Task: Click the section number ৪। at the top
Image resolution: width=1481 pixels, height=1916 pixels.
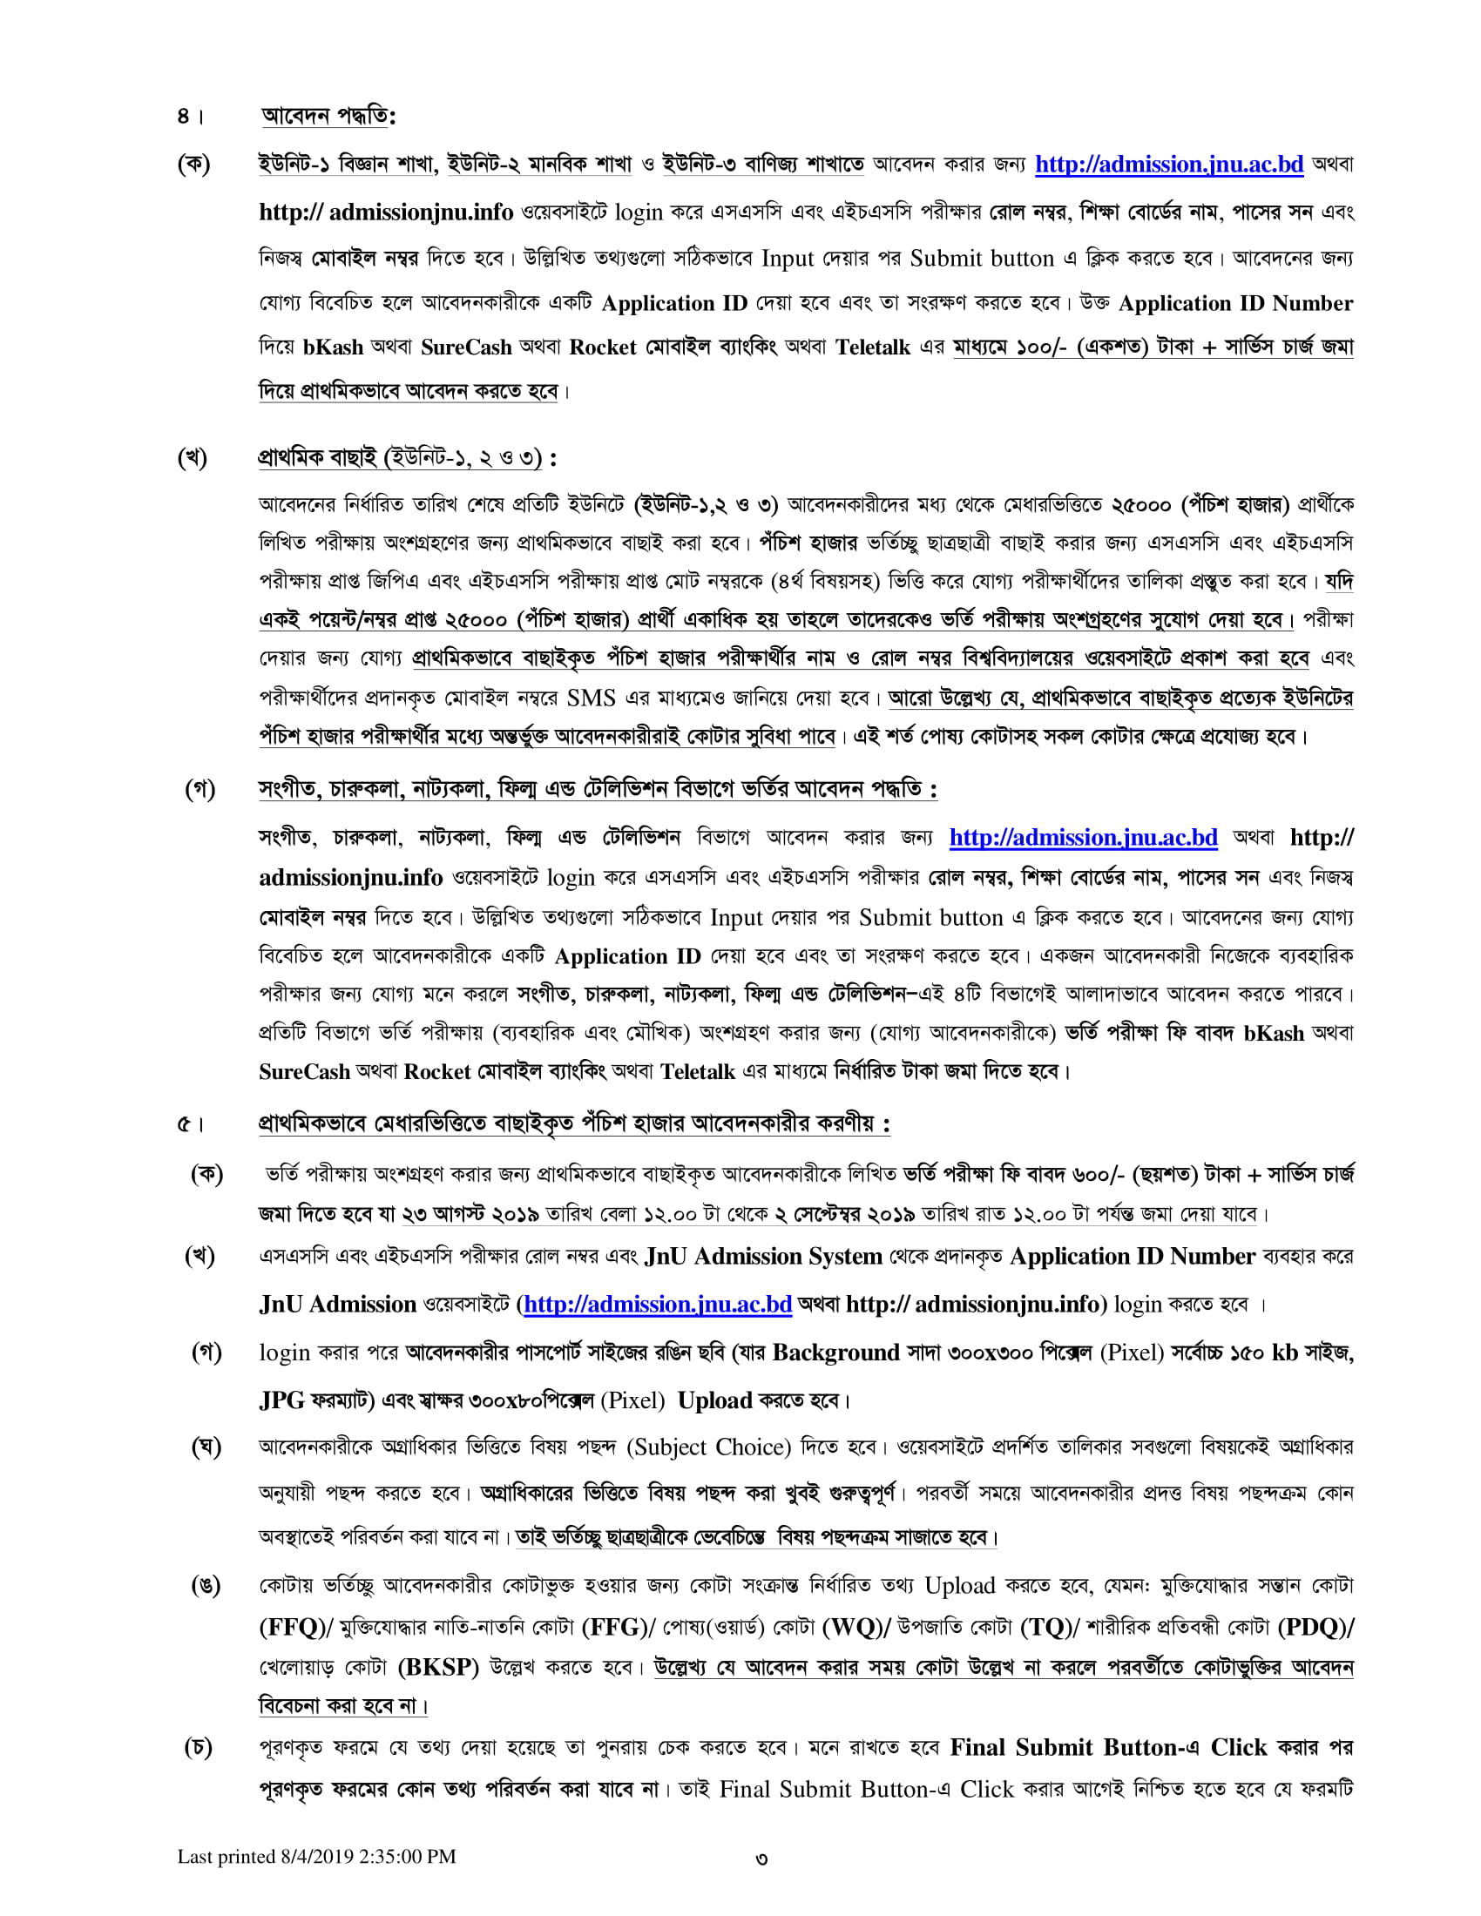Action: pyautogui.click(x=189, y=117)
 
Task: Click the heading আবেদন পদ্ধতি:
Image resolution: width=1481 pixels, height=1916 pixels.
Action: pyautogui.click(x=328, y=116)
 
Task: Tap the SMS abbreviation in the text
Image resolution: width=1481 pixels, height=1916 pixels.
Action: pyautogui.click(x=591, y=698)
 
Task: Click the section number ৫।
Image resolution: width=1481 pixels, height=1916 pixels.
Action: pyautogui.click(x=190, y=1123)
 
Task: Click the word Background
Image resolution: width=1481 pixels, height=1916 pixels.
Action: pyautogui.click(x=835, y=1353)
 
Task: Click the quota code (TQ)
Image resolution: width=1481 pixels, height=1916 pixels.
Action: pyautogui.click(x=1046, y=1628)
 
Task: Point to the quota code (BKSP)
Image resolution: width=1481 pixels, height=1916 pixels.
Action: pyautogui.click(x=438, y=1668)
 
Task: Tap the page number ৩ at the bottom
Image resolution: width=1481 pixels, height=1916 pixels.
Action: pyautogui.click(x=761, y=1859)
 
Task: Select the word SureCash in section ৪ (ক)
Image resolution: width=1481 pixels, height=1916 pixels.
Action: pyautogui.click(x=466, y=347)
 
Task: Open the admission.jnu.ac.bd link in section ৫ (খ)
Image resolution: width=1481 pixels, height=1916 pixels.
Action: pyautogui.click(x=658, y=1305)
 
